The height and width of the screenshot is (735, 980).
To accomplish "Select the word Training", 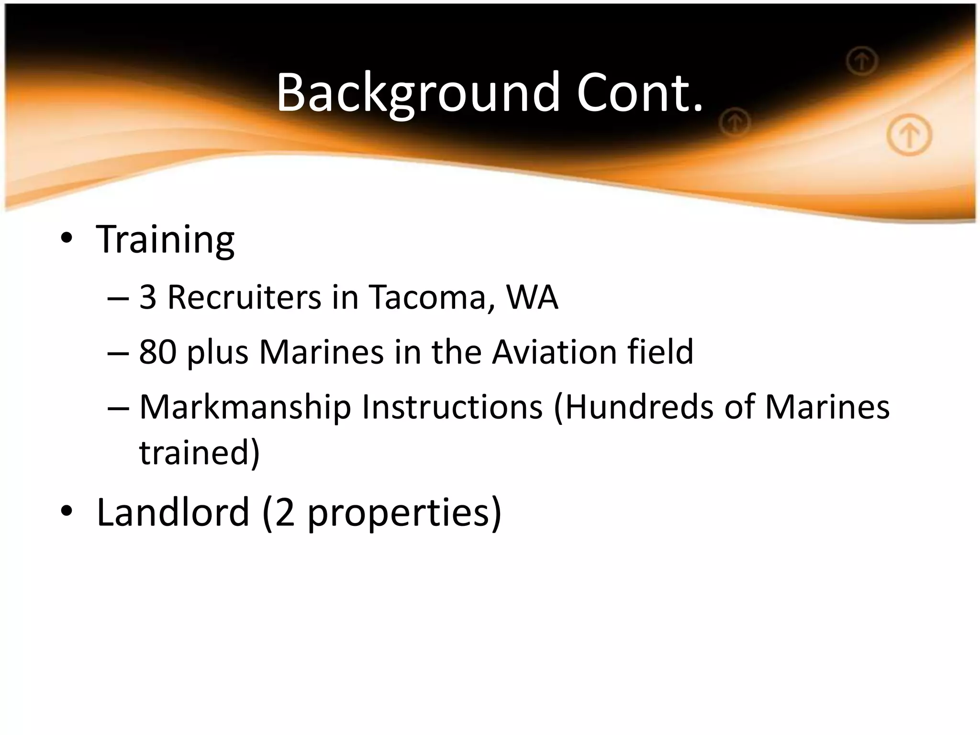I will [165, 239].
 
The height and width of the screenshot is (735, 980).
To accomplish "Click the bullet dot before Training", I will [67, 238].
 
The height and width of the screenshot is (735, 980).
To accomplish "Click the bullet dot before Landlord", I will [67, 511].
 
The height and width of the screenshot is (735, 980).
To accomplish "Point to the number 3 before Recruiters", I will [148, 297].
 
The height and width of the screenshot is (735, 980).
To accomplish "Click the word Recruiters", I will [244, 297].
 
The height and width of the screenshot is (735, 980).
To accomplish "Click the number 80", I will [157, 352].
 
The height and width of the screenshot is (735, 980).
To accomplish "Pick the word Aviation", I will [554, 352].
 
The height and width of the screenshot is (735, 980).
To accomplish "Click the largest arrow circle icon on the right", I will [909, 136].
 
